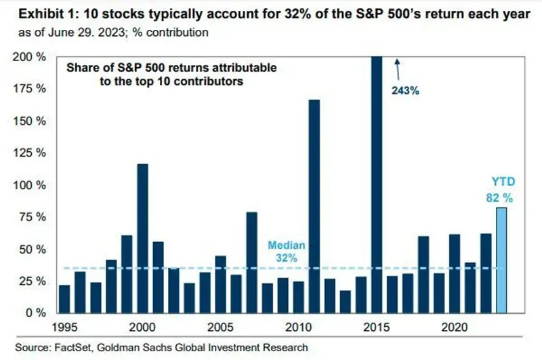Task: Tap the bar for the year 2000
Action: [142, 238]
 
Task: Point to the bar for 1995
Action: [64, 299]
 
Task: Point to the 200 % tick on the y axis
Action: [29, 58]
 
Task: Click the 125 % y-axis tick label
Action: [29, 153]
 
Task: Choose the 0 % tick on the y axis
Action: [35, 313]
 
